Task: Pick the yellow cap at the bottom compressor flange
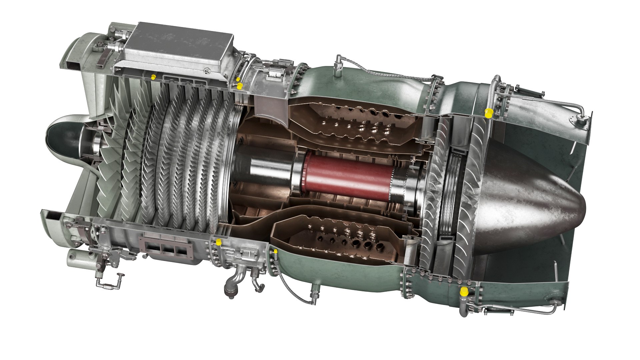click(219, 242)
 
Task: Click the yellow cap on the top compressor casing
click(153, 77)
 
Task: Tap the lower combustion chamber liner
click(340, 237)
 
